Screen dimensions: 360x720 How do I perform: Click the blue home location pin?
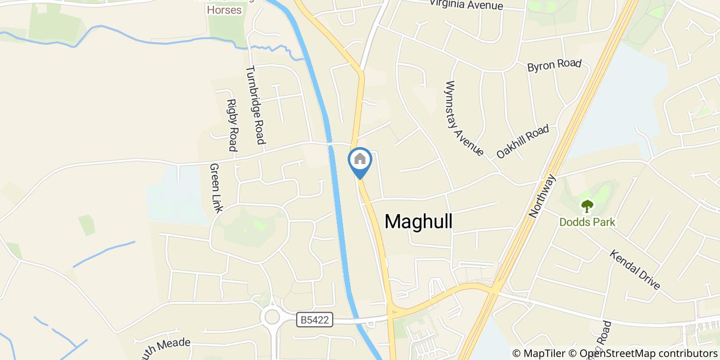tap(360, 163)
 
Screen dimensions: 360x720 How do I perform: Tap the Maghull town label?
tap(419, 221)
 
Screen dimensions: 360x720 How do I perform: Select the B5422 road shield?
tap(315, 320)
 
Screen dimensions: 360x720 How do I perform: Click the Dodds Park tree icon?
tap(587, 207)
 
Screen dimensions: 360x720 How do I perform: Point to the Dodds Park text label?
tap(587, 222)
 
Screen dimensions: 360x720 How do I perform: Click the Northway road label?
tap(543, 196)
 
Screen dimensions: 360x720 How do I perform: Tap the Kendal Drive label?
tap(635, 269)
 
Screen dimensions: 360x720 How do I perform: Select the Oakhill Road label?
tap(523, 141)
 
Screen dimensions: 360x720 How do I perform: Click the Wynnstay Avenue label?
tap(465, 118)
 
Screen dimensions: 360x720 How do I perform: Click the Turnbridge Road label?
tap(255, 105)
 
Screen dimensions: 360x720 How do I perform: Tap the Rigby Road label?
tap(232, 125)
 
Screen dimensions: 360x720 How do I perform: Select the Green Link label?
tap(216, 188)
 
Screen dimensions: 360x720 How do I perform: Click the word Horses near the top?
tap(224, 10)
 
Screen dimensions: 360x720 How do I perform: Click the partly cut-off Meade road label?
tap(163, 345)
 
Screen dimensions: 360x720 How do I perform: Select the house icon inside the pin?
tap(360, 158)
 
